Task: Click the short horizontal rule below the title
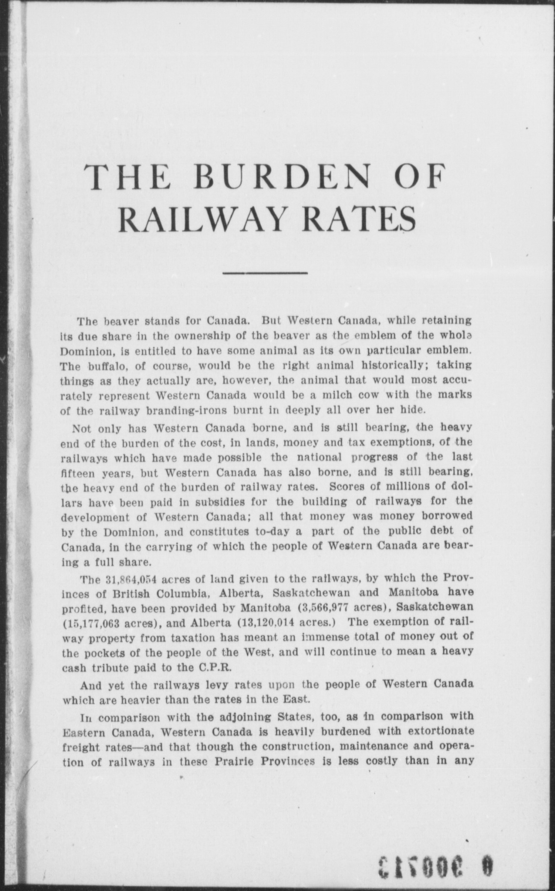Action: (266, 272)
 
